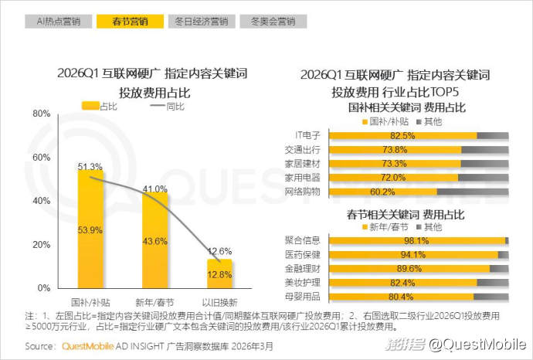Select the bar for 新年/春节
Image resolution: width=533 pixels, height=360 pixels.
150,239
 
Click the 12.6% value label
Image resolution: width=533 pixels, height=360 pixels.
220,251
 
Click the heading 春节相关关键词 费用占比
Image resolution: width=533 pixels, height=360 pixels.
396,212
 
